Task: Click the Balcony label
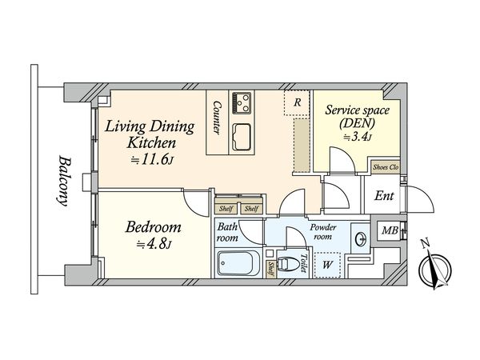point(63,182)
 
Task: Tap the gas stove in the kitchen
point(242,103)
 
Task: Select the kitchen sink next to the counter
point(242,137)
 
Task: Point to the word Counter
point(217,118)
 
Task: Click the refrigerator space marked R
point(296,102)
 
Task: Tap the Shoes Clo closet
point(386,167)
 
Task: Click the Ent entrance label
point(384,196)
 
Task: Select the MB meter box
point(390,230)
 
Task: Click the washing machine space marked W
point(327,265)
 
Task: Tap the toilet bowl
point(288,264)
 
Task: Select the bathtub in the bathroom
point(236,263)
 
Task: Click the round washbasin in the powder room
point(362,238)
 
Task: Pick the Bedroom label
point(153,227)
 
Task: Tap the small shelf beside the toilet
point(271,269)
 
